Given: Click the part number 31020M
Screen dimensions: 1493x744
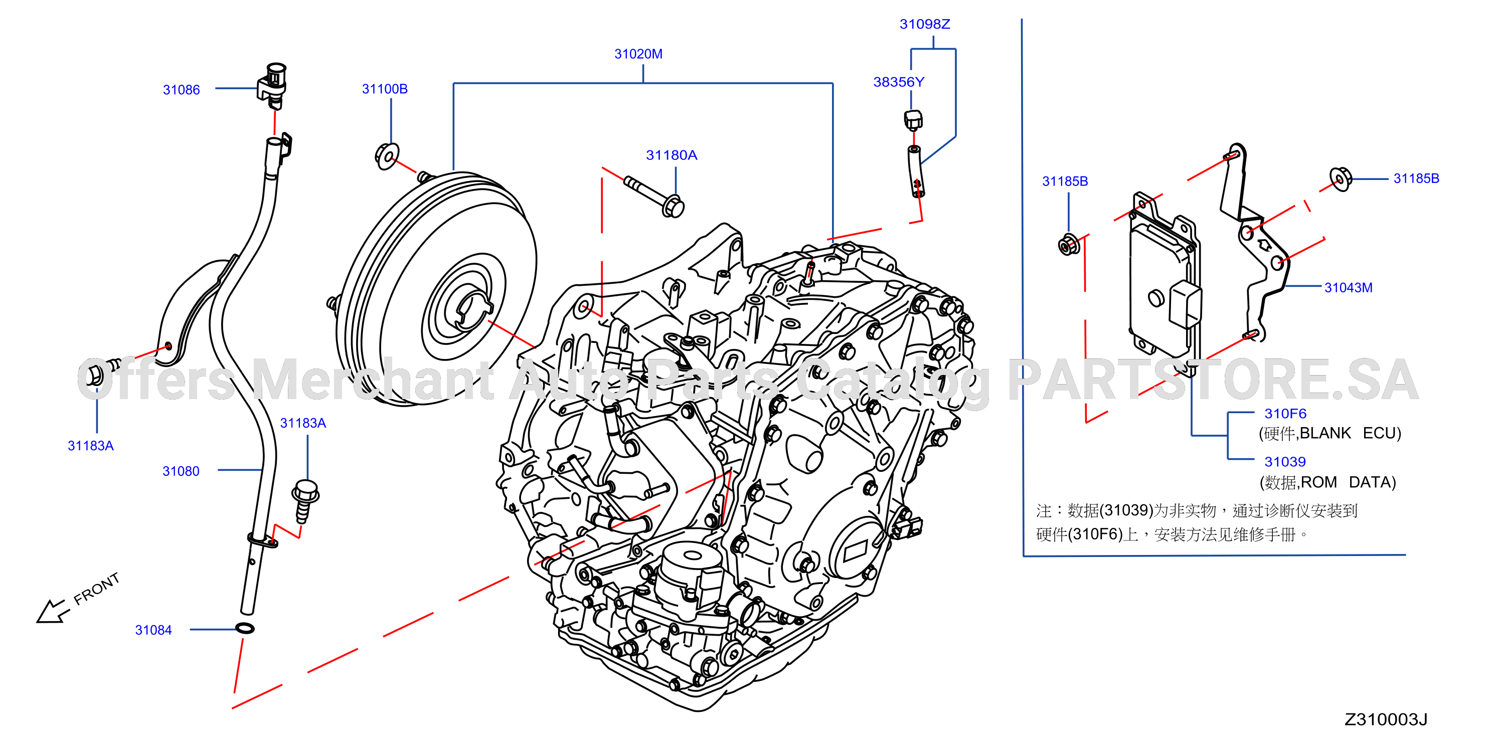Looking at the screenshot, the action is pyautogui.click(x=638, y=54).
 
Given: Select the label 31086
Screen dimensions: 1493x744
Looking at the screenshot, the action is pyautogui.click(x=182, y=90).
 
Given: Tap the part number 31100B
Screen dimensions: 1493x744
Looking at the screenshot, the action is pyautogui.click(x=385, y=89).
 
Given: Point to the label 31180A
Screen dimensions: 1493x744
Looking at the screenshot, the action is pyautogui.click(x=672, y=155).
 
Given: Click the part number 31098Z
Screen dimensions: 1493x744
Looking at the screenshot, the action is pyautogui.click(x=925, y=24).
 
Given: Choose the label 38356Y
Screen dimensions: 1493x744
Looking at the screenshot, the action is pyautogui.click(x=899, y=82).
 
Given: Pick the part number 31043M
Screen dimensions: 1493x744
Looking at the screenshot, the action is pyautogui.click(x=1349, y=287).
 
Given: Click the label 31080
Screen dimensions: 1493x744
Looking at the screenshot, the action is pyautogui.click(x=181, y=471).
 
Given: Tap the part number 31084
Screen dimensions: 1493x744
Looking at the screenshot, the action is pyautogui.click(x=153, y=630).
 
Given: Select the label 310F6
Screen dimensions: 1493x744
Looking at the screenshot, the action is pyautogui.click(x=1285, y=414).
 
